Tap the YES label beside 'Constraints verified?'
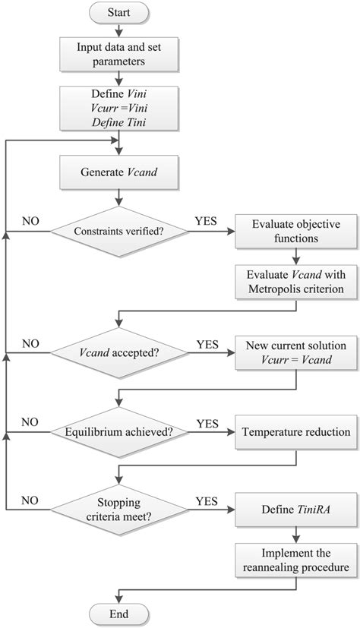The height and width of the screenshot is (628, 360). pyautogui.click(x=207, y=220)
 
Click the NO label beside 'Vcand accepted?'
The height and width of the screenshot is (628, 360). pyautogui.click(x=30, y=345)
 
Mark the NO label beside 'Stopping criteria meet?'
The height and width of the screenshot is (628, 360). pyautogui.click(x=30, y=501)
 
